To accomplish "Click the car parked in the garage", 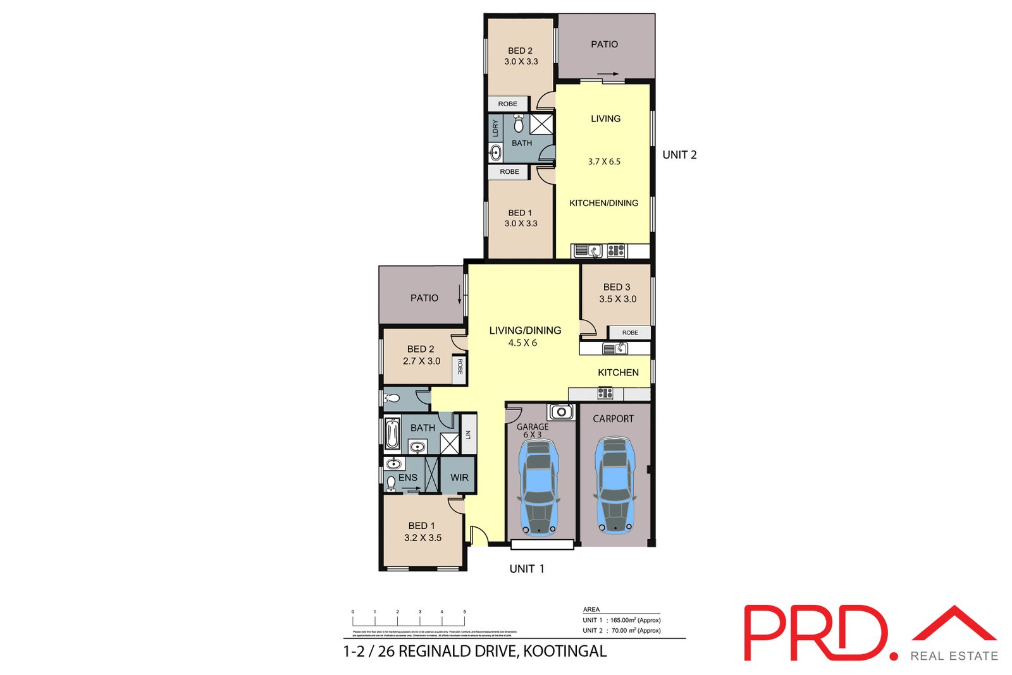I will (538, 487).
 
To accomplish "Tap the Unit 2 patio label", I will (604, 44).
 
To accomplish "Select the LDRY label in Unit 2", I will (495, 128).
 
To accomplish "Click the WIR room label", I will (459, 478).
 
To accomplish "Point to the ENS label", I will (408, 478).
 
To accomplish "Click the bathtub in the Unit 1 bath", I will (392, 434).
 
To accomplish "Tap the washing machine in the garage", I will (561, 412).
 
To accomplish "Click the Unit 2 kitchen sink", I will (586, 251).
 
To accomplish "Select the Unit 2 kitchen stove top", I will (616, 251).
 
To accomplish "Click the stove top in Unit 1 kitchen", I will (605, 394).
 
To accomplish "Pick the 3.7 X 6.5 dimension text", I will (604, 162).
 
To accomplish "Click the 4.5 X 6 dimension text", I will (522, 343).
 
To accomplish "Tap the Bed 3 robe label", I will (630, 332).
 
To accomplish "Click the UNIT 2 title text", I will (679, 155).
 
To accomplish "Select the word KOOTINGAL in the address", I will (565, 651).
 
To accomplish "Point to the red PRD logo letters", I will (816, 633).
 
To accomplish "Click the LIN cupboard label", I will (468, 434).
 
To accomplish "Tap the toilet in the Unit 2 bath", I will (519, 123).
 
